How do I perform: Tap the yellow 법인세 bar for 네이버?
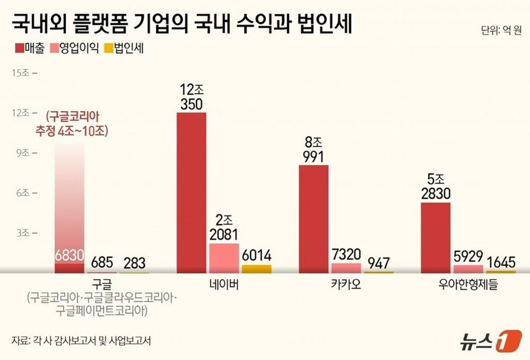(x=257, y=269)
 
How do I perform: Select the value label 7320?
(x=346, y=254)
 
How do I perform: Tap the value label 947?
(x=378, y=262)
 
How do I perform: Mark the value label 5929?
(x=468, y=256)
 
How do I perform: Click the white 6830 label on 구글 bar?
(x=69, y=255)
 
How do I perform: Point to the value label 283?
(x=134, y=262)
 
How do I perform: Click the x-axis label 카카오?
(x=346, y=285)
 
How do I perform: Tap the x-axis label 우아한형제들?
(x=469, y=285)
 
